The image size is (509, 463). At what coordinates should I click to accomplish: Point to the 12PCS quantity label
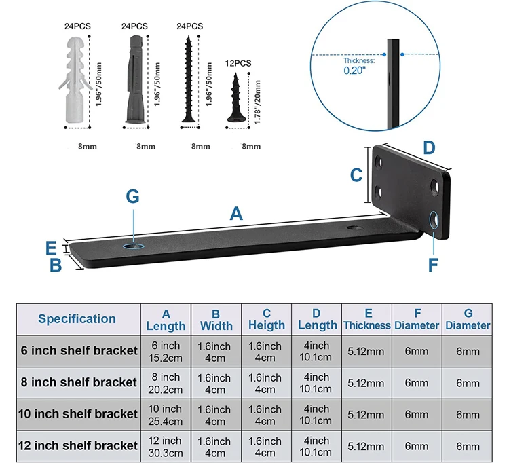click(238, 63)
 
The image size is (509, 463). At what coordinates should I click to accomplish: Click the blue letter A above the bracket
click(236, 213)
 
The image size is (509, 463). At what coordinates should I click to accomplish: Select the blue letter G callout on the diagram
click(133, 196)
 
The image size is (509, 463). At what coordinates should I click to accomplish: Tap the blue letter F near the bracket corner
click(433, 264)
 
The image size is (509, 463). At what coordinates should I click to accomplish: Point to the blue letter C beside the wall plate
click(356, 175)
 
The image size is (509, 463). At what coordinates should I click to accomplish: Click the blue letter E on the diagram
click(51, 248)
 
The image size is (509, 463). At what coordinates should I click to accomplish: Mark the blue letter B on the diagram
click(56, 265)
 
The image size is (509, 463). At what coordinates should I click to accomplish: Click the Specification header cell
click(77, 318)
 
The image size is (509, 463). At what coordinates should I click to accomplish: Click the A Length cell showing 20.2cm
click(166, 383)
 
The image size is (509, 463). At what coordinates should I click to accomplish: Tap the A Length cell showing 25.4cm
click(166, 414)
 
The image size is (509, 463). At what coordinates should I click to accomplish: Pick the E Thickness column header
click(367, 319)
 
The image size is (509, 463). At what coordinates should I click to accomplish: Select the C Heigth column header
click(267, 319)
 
